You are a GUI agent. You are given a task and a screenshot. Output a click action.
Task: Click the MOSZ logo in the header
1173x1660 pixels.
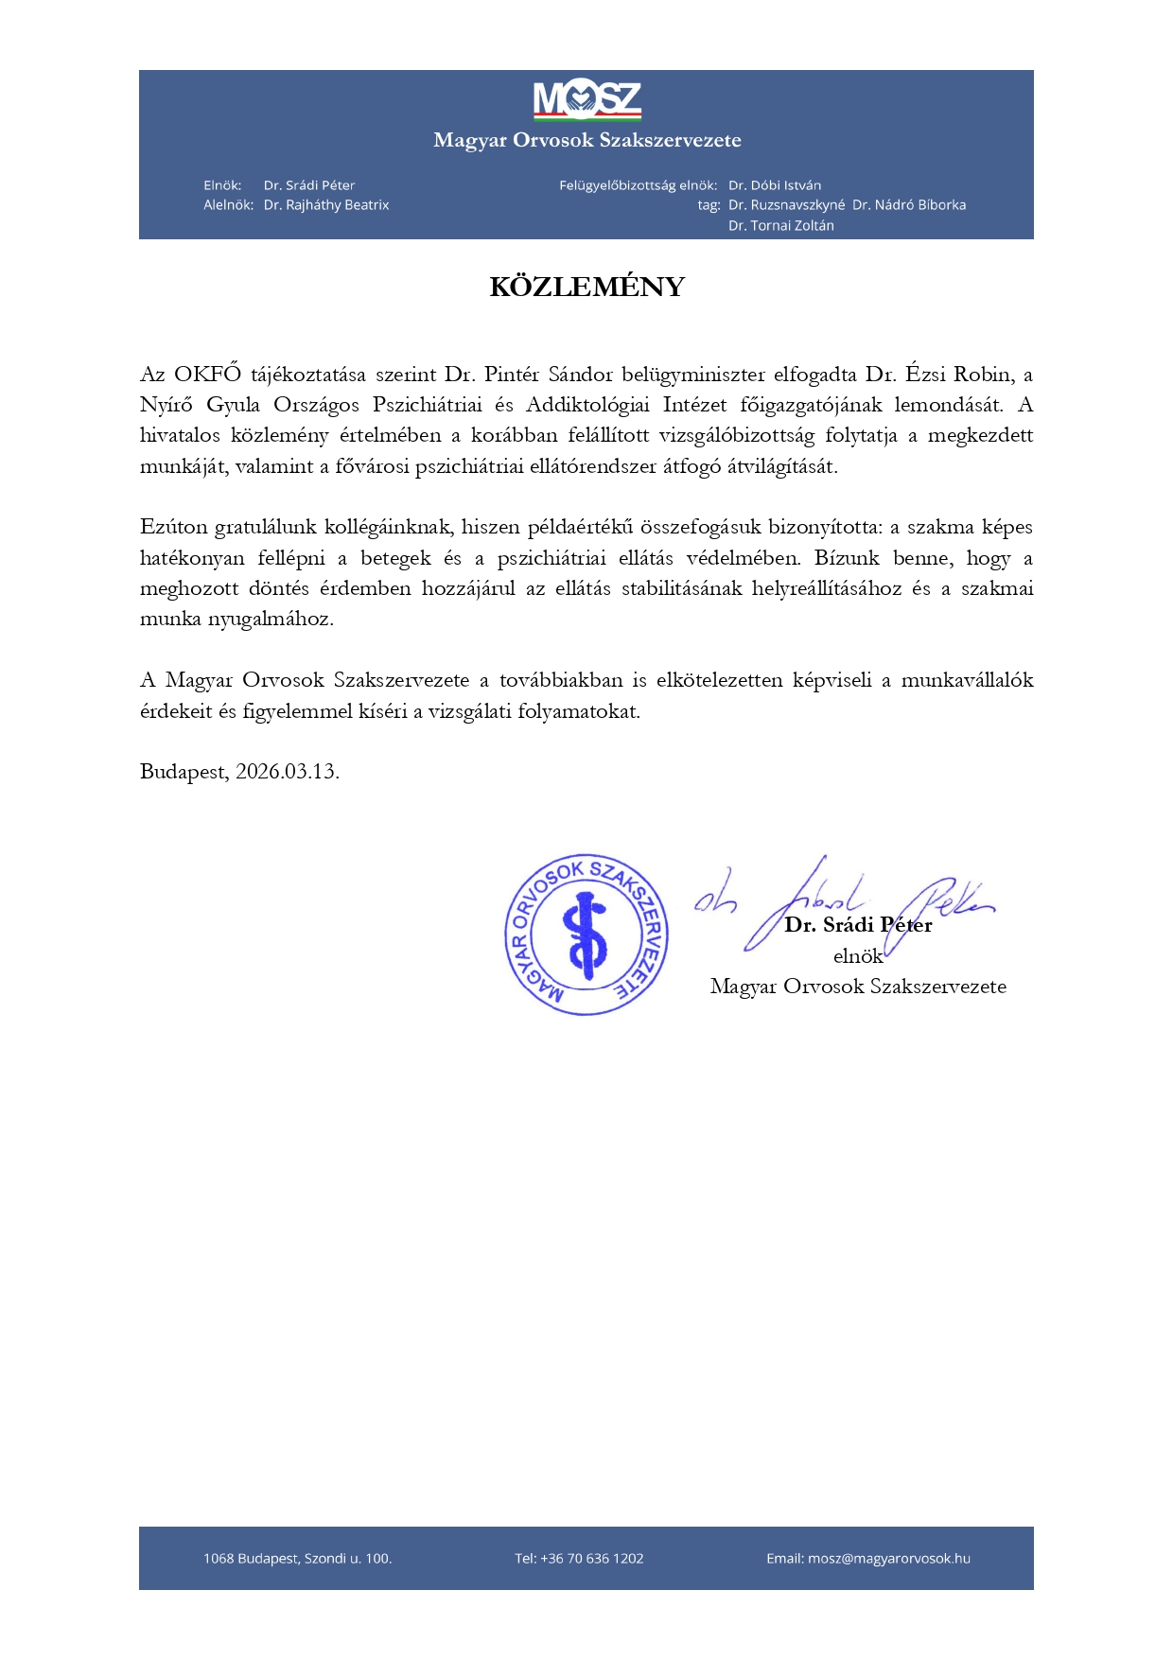pyautogui.click(x=586, y=100)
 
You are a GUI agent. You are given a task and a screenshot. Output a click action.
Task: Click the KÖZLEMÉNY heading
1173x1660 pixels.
pyautogui.click(x=586, y=287)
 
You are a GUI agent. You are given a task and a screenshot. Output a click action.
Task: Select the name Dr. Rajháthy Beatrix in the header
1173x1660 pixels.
pyautogui.click(x=326, y=205)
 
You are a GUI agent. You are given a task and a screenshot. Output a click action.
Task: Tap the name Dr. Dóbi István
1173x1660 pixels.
pyautogui.click(x=775, y=185)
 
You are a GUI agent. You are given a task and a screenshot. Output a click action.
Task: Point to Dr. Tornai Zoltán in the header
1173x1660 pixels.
pyautogui.click(x=781, y=226)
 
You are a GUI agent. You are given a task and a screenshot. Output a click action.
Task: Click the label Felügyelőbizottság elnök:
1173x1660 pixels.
pyautogui.click(x=638, y=185)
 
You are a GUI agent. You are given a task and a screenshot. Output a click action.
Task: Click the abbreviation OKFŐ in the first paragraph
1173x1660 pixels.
pyautogui.click(x=207, y=374)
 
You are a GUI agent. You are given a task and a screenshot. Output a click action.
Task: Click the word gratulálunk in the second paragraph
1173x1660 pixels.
pyautogui.click(x=266, y=527)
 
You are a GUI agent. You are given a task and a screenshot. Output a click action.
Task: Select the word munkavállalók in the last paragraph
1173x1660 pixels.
pyautogui.click(x=967, y=680)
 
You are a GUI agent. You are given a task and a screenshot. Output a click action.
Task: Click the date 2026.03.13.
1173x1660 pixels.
pyautogui.click(x=287, y=771)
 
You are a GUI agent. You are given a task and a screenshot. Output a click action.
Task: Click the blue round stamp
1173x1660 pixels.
pyautogui.click(x=586, y=935)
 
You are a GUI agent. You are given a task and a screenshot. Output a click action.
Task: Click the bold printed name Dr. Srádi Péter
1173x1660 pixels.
pyautogui.click(x=858, y=925)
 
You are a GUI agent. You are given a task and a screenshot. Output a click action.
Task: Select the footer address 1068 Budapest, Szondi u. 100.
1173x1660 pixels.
pyautogui.click(x=297, y=1559)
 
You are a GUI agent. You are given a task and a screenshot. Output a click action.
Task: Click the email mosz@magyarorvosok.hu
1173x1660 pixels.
pyautogui.click(x=889, y=1559)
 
